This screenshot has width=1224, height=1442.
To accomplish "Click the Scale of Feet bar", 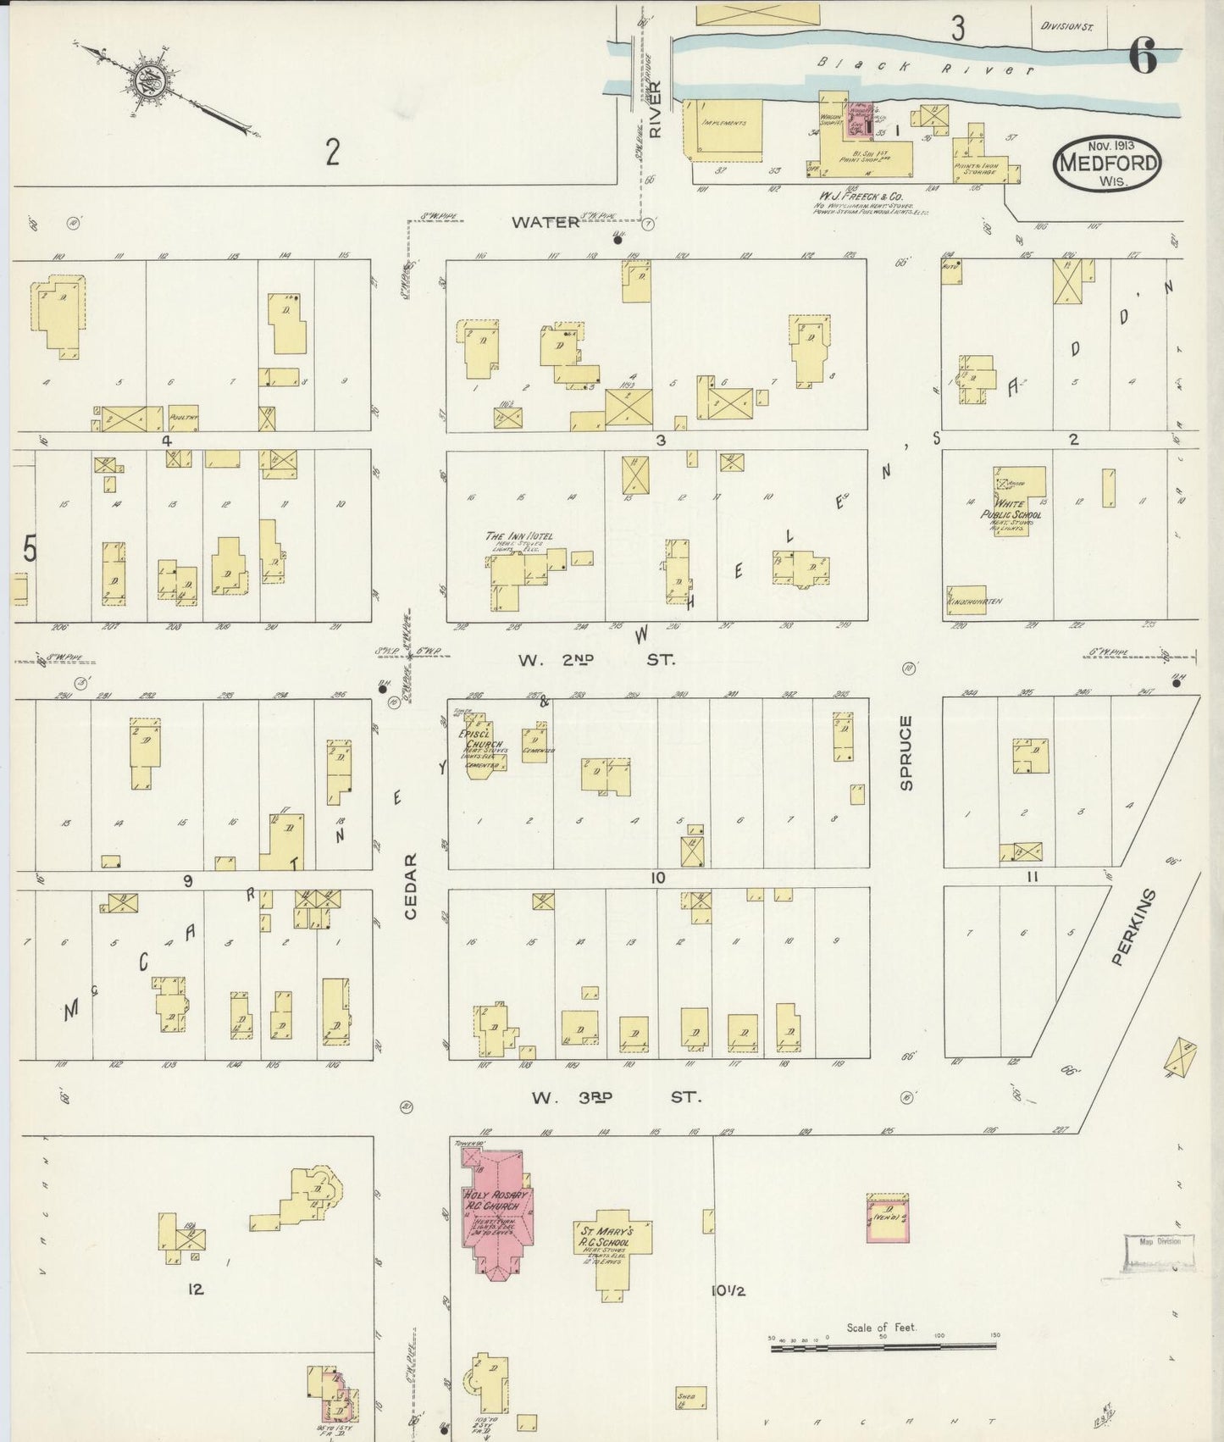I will pyautogui.click(x=883, y=1345).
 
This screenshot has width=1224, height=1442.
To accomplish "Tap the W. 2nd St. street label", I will pyautogui.click(x=596, y=659).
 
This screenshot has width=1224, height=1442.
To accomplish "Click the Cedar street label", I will pyautogui.click(x=411, y=886).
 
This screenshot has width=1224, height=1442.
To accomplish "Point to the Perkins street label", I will pyautogui.click(x=1122, y=927).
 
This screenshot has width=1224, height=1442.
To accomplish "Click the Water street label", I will pyautogui.click(x=545, y=222).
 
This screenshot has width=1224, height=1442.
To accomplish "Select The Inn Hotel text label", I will pyautogui.click(x=518, y=536).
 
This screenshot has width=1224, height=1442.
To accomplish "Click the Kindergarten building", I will pyautogui.click(x=966, y=598).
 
